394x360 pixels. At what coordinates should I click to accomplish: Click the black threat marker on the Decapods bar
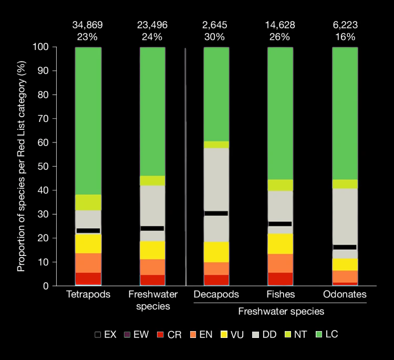(x=216, y=213)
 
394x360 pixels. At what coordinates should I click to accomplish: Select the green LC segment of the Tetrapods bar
(x=88, y=121)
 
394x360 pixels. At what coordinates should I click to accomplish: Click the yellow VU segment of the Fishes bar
(x=280, y=243)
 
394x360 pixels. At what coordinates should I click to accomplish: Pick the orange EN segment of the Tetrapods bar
(x=88, y=263)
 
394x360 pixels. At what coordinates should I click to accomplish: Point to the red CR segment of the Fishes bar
(x=280, y=279)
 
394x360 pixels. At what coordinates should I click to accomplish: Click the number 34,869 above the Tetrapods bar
(x=88, y=25)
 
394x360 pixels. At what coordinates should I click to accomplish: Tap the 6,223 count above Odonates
(x=345, y=25)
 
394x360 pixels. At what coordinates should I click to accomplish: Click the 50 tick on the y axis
(x=45, y=167)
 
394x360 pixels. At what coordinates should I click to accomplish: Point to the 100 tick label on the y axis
(x=42, y=47)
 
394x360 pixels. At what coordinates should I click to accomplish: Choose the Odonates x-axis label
(x=345, y=294)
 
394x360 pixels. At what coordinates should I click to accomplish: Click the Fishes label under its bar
(x=280, y=294)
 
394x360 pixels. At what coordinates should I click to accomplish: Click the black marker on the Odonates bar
(x=345, y=247)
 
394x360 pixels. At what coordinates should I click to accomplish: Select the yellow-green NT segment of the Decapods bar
(x=216, y=145)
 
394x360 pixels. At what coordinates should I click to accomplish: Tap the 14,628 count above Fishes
(x=280, y=25)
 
